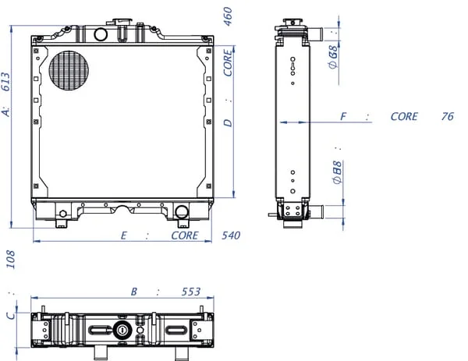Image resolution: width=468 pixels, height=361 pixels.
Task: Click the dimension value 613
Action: [x=6, y=82]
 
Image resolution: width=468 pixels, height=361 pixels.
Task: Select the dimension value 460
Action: [x=228, y=16]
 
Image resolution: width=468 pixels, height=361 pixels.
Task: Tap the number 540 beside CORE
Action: [x=231, y=235]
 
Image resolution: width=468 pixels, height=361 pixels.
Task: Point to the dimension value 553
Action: [x=191, y=292]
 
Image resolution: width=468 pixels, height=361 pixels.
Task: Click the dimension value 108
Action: [x=10, y=260]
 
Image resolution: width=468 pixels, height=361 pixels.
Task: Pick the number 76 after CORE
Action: [x=448, y=116]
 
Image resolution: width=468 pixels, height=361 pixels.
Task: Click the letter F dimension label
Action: [x=343, y=116]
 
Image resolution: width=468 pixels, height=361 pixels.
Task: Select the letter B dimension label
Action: [x=134, y=292]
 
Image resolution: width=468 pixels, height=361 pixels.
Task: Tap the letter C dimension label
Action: [x=11, y=316]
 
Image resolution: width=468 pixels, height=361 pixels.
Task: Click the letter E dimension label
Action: [x=123, y=235]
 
